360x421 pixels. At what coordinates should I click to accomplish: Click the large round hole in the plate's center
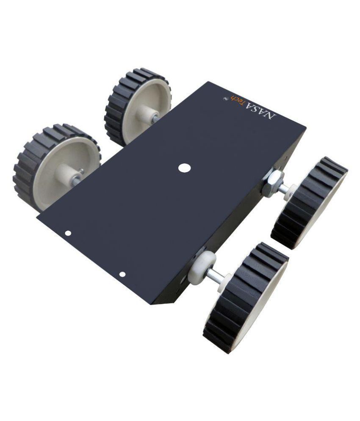(183, 168)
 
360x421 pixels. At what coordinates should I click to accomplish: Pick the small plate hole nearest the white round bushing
(122, 274)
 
